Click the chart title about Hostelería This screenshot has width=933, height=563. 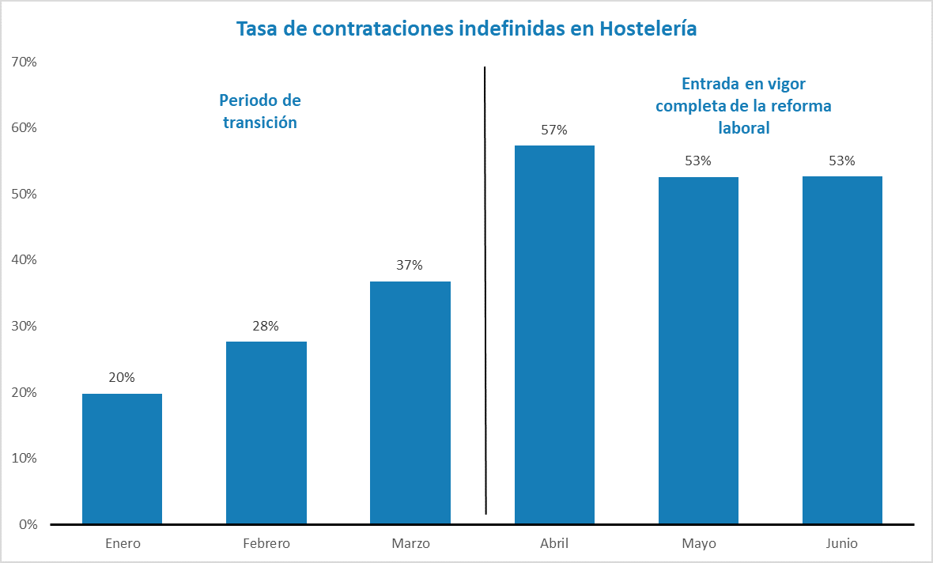pos(466,29)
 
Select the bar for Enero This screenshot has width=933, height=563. pos(122,459)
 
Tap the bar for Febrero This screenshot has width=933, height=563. pos(266,433)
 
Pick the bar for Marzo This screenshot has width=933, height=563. pos(410,402)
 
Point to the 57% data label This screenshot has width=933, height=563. pos(554,130)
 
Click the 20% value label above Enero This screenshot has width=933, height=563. pos(122,378)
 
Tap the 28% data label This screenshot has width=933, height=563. pos(266,326)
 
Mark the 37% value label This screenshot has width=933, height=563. pos(410,266)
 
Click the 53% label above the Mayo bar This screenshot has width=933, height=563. pos(698,161)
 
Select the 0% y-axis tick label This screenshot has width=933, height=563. pos(28,524)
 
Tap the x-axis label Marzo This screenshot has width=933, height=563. pos(410,544)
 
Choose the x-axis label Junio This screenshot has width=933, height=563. pos(842,544)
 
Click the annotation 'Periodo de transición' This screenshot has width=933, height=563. pos(260,111)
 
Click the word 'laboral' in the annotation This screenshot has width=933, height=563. pos(743,128)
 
